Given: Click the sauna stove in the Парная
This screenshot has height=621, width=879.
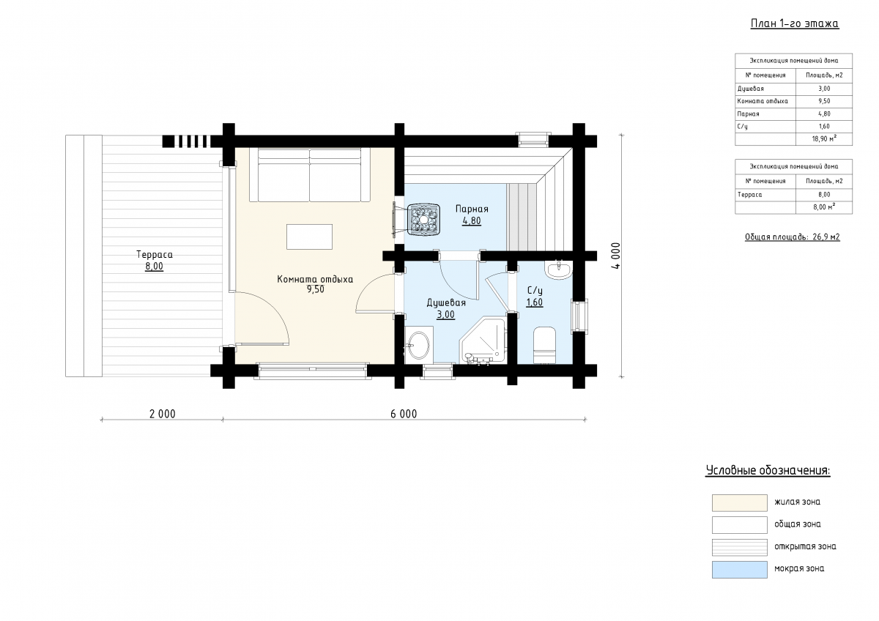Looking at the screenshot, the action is point(423,220).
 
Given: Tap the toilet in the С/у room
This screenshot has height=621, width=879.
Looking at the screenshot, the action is point(544,345).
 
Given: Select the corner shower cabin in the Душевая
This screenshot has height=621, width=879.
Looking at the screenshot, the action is point(483,341).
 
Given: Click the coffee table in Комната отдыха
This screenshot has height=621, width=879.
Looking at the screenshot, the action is point(309,237).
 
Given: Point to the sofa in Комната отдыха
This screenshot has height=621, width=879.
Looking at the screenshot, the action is point(310,175).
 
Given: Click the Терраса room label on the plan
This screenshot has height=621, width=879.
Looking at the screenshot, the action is point(155,254).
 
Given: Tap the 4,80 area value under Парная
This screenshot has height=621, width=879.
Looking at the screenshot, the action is point(472,221).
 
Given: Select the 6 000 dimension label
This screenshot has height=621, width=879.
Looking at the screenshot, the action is point(404,414).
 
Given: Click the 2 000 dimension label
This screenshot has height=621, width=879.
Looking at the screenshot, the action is point(163,414).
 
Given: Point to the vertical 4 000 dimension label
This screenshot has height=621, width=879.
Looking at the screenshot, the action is point(616,256).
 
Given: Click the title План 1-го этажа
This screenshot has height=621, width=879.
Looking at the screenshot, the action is point(795,23).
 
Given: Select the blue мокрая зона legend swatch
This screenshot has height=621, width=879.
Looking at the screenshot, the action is point(740,570).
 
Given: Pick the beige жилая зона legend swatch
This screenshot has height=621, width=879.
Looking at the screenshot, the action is point(740,503).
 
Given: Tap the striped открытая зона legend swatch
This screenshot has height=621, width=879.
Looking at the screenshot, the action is point(740,547).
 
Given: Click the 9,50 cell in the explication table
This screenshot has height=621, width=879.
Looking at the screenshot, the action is point(824,101).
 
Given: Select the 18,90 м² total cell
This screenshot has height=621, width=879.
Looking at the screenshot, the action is point(824,138).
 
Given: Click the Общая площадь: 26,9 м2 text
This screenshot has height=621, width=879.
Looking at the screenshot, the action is point(793,237).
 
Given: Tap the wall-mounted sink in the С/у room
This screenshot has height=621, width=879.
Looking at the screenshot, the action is point(557,269).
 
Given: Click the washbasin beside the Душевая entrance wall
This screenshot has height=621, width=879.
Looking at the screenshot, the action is point(419,345).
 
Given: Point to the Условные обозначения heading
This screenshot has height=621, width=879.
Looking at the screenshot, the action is point(768,470).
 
